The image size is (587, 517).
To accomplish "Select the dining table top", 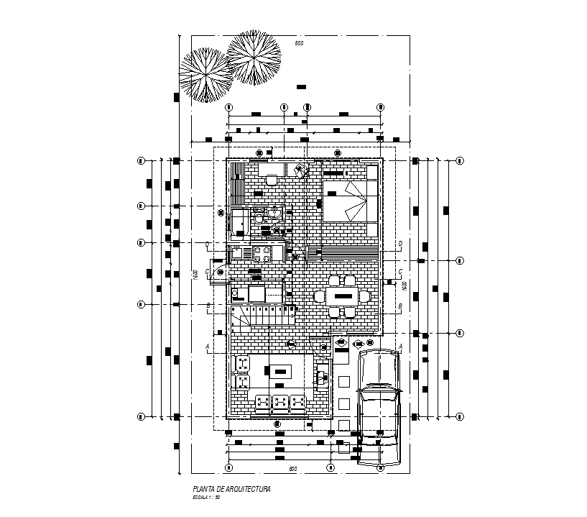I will coord(342,296).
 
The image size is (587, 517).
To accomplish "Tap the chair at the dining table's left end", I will coord(319,296).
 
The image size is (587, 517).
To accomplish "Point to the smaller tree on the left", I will coord(205,76).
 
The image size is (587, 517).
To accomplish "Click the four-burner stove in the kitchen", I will coord(262,253).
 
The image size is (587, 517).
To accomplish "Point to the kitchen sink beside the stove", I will coord(238,253).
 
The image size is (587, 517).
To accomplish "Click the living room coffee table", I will coord(279,372).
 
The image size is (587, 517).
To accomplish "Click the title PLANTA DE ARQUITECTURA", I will coord(226,489).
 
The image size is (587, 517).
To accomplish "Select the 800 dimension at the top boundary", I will coord(299,45).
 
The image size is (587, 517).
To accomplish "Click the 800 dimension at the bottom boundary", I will coord(292,469).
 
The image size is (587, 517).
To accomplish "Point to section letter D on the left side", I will coord(208,244).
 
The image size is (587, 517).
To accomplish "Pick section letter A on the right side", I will coord(400,347).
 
